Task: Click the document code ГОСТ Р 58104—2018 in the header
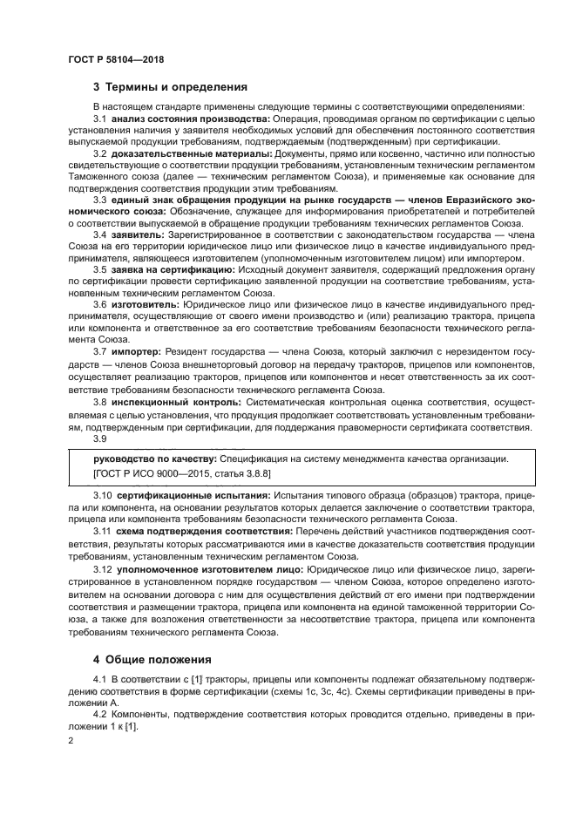point(115,59)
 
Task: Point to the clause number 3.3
point(100,200)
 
